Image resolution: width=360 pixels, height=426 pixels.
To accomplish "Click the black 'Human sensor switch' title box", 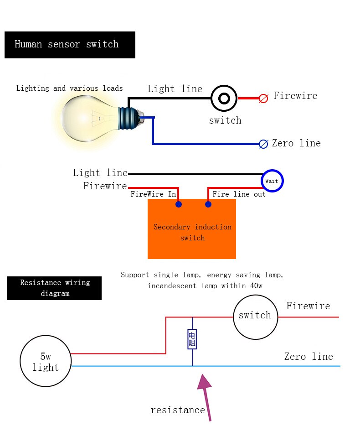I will [x=70, y=45].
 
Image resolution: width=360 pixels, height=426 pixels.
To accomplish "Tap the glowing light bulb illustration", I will [x=91, y=116].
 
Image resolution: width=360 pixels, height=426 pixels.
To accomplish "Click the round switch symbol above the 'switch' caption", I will [x=224, y=98].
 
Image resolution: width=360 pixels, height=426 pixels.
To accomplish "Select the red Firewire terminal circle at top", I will [x=263, y=98].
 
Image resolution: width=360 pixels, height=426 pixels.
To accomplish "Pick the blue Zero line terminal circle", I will [x=263, y=144].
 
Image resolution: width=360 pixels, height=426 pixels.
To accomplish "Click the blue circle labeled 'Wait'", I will [x=272, y=181].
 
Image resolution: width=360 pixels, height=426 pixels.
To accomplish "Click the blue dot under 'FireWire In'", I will [x=179, y=204].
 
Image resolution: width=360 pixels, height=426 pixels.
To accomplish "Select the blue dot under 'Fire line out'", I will [x=208, y=204].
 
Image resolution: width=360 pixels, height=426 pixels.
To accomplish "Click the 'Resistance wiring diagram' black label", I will [x=54, y=288].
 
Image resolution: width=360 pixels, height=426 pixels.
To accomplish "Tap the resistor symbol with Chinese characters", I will [x=192, y=339].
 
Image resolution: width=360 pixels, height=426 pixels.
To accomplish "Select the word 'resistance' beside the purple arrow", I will [x=178, y=410].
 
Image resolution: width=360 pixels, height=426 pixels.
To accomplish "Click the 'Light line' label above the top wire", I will [x=175, y=89].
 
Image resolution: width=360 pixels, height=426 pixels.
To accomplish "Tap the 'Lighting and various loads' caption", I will [x=69, y=88].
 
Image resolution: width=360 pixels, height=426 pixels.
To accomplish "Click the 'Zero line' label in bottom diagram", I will [x=309, y=357].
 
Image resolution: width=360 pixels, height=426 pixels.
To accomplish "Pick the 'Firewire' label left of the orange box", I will [x=105, y=186].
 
